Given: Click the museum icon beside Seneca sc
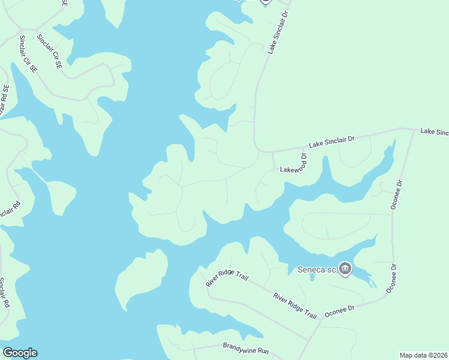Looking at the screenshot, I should pyautogui.click(x=345, y=269).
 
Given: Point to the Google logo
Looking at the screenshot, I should pyautogui.click(x=20, y=353).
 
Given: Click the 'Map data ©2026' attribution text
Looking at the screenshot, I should pyautogui.click(x=423, y=355).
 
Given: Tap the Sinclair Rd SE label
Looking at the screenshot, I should pyautogui.click(x=5, y=96).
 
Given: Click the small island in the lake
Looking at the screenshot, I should pyautogui.click(x=142, y=278).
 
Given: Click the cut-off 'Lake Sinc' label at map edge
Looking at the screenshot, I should pyautogui.click(x=434, y=131).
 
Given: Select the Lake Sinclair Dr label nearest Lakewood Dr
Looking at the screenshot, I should pyautogui.click(x=331, y=142).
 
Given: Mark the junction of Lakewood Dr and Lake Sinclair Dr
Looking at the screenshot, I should pyautogui.click(x=273, y=152).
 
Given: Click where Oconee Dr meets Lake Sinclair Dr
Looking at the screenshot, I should pyautogui.click(x=414, y=130).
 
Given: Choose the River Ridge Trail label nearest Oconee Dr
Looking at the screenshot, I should pyautogui.click(x=295, y=305).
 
